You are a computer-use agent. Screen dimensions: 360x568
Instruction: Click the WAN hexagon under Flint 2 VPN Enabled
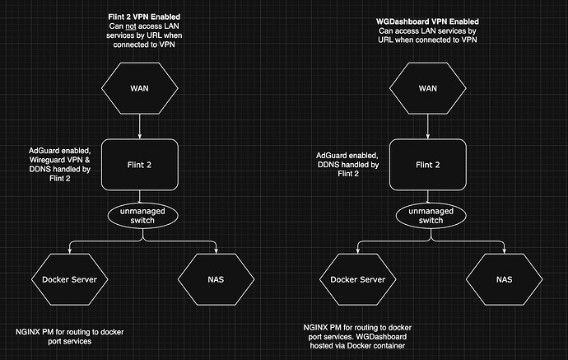point(139,88)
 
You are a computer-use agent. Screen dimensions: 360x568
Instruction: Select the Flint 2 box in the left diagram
point(139,165)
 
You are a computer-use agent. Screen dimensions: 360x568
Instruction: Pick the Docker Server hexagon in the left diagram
point(70,279)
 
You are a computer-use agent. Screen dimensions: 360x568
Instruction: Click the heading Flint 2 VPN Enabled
point(146,16)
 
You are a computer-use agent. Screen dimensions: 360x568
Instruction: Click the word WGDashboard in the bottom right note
point(387,337)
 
